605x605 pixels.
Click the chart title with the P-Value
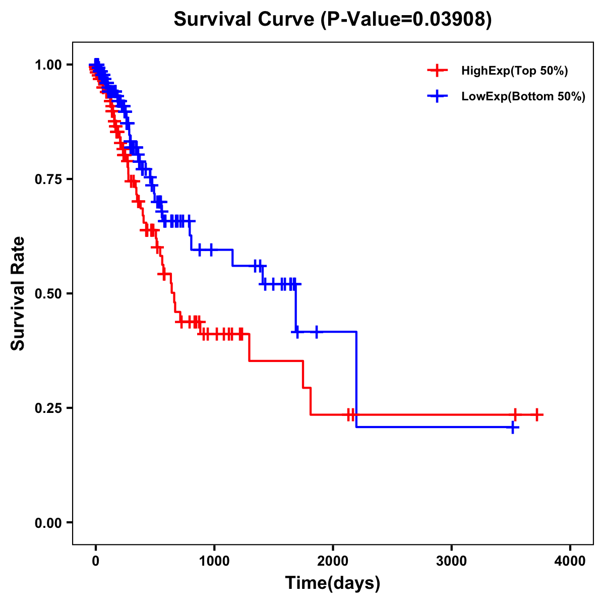332,19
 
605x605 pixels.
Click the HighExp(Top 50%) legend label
514,71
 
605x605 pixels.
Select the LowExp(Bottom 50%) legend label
523,97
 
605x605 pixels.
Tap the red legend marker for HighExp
437,71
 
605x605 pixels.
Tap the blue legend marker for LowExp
437,96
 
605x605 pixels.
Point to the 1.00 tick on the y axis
48,65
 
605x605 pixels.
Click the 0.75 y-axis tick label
48,179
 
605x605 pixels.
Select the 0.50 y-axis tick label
48,293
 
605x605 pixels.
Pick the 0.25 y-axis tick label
48,408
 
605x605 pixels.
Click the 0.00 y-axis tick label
48,523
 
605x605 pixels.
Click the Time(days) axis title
333,583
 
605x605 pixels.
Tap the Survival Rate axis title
18,293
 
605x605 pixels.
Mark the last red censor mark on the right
537,414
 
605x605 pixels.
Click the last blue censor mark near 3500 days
513,428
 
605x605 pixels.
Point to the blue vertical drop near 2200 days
356,378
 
